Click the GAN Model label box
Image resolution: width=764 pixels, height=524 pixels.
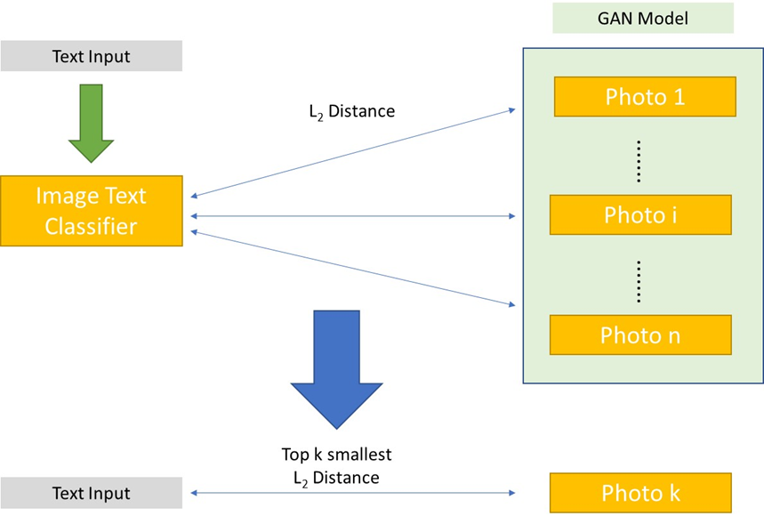click(642, 18)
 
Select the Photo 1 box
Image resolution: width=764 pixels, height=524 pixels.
click(645, 96)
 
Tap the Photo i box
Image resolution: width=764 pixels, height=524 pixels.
click(640, 214)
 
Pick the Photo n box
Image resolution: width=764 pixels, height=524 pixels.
click(640, 335)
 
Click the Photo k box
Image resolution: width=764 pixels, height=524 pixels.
click(640, 493)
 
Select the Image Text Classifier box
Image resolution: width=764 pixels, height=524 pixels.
click(91, 211)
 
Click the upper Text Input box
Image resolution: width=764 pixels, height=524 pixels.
click(91, 56)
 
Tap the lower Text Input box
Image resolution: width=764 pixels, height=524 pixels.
click(91, 494)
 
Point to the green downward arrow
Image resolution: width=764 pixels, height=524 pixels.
click(91, 124)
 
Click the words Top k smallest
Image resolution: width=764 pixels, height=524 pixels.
click(336, 455)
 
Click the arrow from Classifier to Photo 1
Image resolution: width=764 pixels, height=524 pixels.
click(353, 153)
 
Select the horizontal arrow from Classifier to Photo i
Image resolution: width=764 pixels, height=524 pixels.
click(353, 215)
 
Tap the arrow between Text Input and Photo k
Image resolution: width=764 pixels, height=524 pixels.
click(353, 493)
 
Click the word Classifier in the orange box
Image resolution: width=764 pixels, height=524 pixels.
click(91, 226)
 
